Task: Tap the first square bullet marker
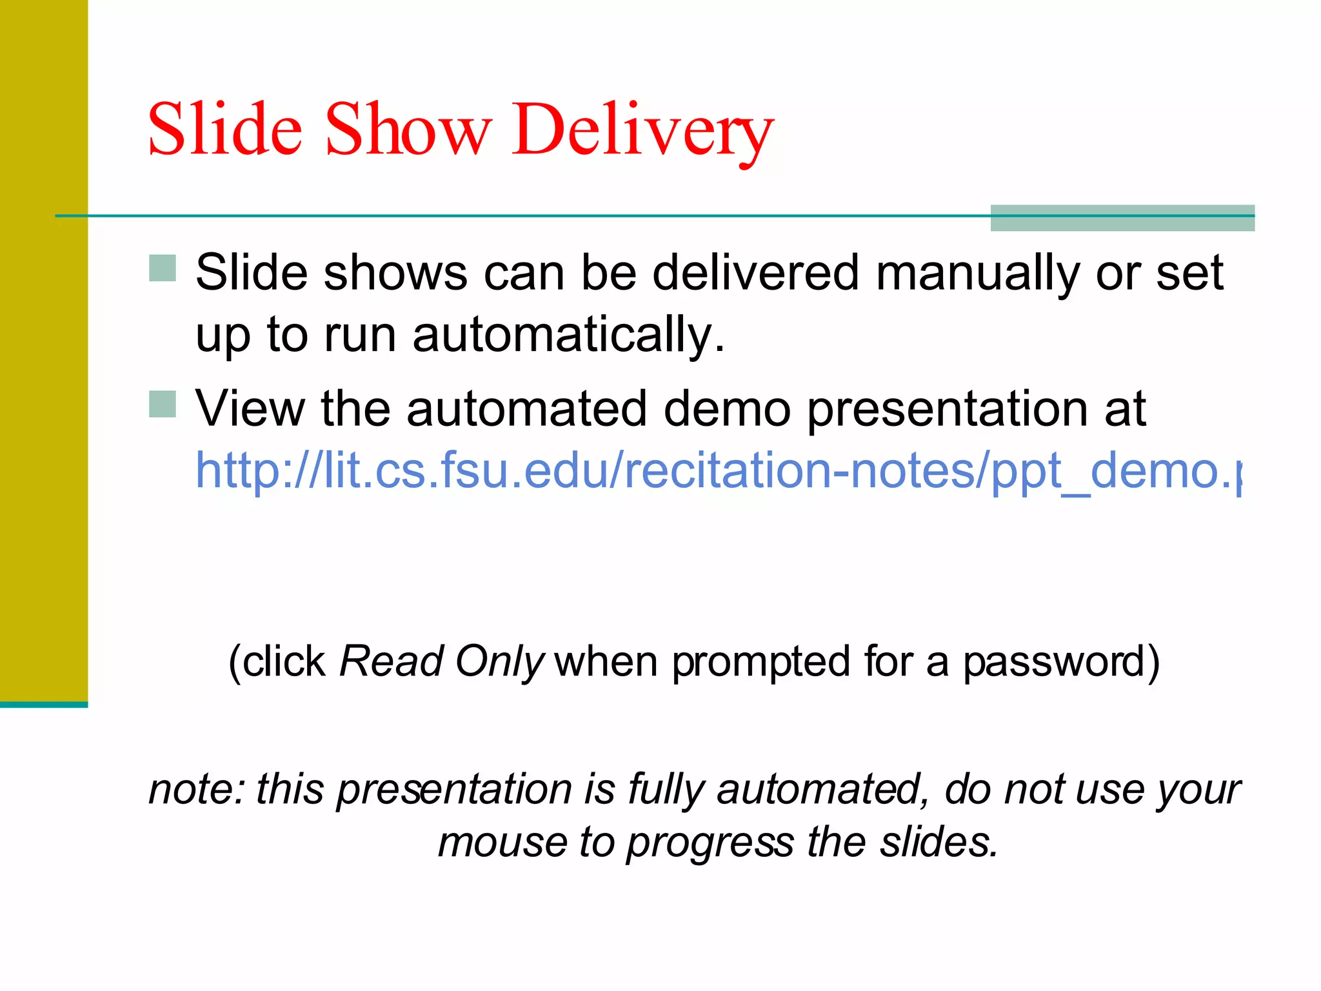(x=163, y=268)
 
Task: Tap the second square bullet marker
(x=163, y=405)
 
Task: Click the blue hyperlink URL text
(x=716, y=470)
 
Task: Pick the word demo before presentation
(x=727, y=409)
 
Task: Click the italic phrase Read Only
(x=442, y=661)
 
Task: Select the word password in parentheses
(x=1054, y=662)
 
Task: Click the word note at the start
(x=192, y=789)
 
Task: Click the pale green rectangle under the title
(x=1122, y=218)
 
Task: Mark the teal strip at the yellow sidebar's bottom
(x=44, y=705)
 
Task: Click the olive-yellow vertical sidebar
(x=44, y=348)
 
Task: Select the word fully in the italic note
(x=666, y=790)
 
